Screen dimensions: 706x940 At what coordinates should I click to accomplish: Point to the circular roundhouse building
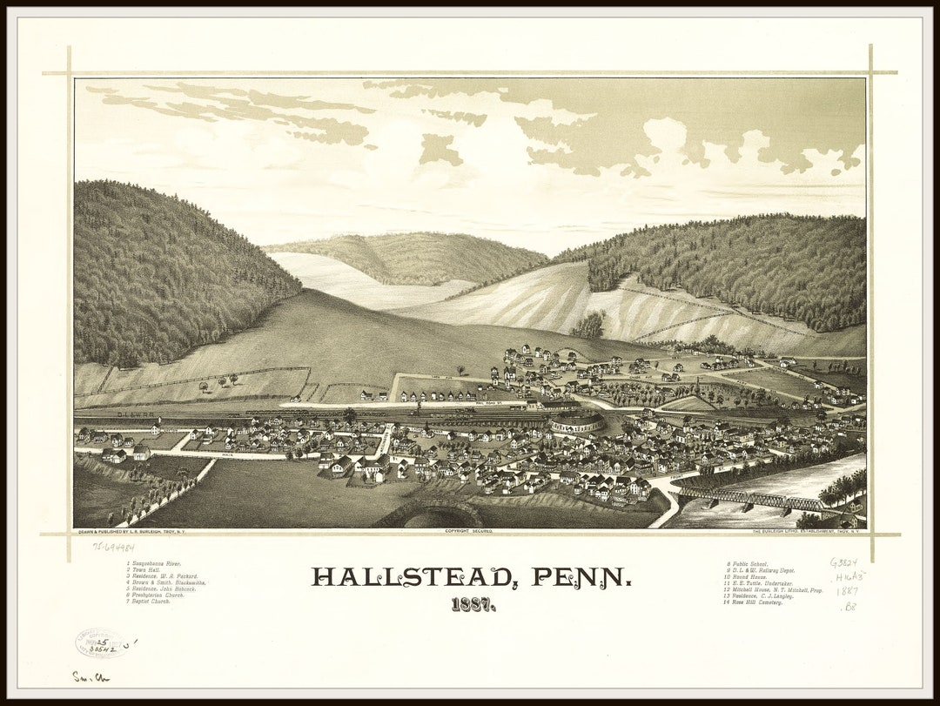(x=576, y=423)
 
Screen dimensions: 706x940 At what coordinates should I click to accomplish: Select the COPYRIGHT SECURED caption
(x=469, y=530)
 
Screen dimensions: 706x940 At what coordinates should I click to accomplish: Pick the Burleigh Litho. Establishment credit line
(x=809, y=530)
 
